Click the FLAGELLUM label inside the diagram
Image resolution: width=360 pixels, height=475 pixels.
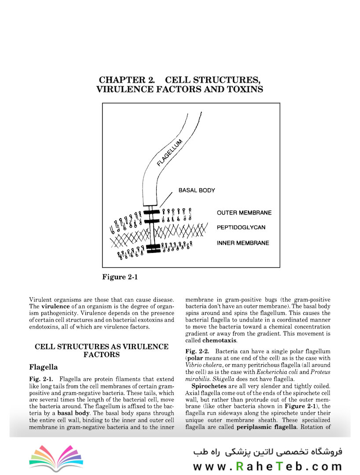pyautogui.click(x=170, y=153)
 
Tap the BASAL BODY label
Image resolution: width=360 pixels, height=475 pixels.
pyautogui.click(x=196, y=190)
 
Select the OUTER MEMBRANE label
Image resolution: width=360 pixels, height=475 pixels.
pyautogui.click(x=244, y=213)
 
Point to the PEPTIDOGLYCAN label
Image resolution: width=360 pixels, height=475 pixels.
pyautogui.click(x=240, y=228)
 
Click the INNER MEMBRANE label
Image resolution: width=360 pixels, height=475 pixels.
pyautogui.click(x=243, y=243)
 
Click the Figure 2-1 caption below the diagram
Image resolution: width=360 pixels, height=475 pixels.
pyautogui.click(x=120, y=277)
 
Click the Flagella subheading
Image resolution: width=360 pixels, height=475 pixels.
pyautogui.click(x=44, y=367)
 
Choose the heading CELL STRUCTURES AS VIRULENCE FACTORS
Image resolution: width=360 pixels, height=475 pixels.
pyautogui.click(x=101, y=351)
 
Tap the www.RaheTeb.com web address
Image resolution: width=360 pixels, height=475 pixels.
pyautogui.click(x=267, y=466)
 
